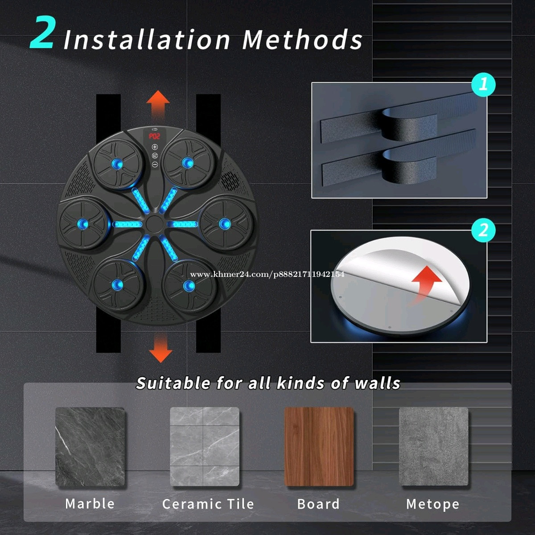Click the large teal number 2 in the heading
[41, 33]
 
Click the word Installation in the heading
[147, 40]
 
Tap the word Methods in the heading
[302, 39]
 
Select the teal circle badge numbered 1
[483, 84]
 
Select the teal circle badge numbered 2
[483, 230]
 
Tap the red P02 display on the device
[154, 136]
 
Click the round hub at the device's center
[154, 224]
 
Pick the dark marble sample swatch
[90, 447]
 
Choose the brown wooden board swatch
[319, 447]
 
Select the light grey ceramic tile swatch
[205, 447]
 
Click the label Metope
[432, 504]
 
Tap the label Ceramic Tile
[208, 504]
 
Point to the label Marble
[90, 504]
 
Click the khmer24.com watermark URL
[267, 274]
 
